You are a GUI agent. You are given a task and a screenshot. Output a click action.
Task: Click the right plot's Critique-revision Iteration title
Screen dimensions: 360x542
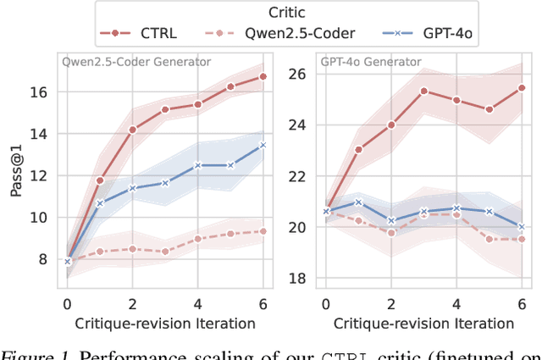coord(423,323)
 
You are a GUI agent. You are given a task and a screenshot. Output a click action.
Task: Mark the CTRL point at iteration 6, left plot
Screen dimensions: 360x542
coord(263,76)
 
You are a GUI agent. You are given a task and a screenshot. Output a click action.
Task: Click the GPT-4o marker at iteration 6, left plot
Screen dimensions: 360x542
coord(263,145)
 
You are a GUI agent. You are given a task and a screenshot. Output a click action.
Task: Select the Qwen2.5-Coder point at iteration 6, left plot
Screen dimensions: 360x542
coord(263,231)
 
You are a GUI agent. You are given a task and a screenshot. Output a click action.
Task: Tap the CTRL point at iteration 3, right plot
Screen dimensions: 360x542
coord(423,91)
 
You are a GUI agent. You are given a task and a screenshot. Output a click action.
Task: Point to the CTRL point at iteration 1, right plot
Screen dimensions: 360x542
coord(358,149)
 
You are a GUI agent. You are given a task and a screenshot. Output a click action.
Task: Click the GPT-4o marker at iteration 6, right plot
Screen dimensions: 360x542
coord(521,227)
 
